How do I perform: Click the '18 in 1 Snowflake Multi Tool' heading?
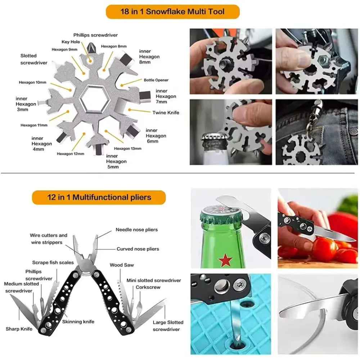(x=172, y=12)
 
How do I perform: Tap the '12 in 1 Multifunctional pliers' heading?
(x=99, y=197)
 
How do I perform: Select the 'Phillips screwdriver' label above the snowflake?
(x=95, y=35)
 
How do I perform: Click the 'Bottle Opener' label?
(x=156, y=80)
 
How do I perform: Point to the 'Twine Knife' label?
(x=166, y=113)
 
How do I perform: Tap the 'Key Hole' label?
(x=71, y=42)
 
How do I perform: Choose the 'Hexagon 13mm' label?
(x=128, y=148)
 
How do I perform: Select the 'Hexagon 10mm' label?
(x=33, y=82)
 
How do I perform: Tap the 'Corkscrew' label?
(x=148, y=287)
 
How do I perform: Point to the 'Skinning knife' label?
(x=78, y=321)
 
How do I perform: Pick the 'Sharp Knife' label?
(x=19, y=329)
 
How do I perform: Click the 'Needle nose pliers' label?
(x=136, y=230)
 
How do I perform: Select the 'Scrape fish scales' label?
(x=53, y=262)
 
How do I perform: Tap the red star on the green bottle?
(x=225, y=260)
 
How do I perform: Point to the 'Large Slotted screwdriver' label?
(x=168, y=326)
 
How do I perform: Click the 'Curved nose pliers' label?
(x=138, y=249)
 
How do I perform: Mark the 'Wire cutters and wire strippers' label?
(x=48, y=239)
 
